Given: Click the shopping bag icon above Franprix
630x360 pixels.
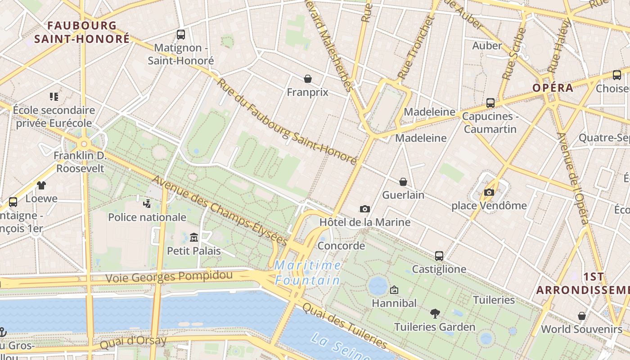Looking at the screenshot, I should [x=308, y=79].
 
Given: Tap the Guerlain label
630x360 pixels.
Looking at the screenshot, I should [x=403, y=195].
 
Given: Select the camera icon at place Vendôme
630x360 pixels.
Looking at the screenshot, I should [x=489, y=193].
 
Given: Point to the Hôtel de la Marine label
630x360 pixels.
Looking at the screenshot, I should [x=365, y=222].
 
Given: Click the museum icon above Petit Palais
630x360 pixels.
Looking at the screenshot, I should [x=194, y=237].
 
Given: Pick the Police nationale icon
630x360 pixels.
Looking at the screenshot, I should [x=147, y=204].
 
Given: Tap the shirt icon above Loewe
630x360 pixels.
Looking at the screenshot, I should [x=41, y=185].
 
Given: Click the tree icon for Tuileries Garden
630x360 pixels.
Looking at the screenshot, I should [x=435, y=314].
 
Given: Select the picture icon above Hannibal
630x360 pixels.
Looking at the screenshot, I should [x=394, y=290].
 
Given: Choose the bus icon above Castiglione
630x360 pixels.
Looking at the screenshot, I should [x=439, y=256].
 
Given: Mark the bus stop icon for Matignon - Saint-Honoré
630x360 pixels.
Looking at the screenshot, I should [x=181, y=34].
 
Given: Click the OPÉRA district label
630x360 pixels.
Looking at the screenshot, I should [x=553, y=88].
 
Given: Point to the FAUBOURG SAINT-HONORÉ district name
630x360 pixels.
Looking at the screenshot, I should [x=82, y=32].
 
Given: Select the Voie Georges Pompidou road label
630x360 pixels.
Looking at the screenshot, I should [x=169, y=276].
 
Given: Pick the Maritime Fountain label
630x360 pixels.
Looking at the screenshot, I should [x=308, y=273].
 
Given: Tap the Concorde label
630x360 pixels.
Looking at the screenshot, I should [x=341, y=246].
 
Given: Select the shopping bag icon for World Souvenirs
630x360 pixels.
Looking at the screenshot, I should [x=582, y=316].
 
